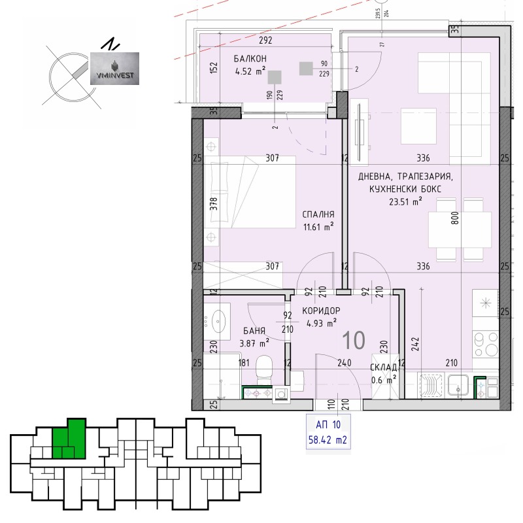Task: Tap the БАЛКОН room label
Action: pyautogui.click(x=248, y=58)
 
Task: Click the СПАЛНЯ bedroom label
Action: pyautogui.click(x=318, y=214)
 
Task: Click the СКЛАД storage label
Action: pyautogui.click(x=383, y=367)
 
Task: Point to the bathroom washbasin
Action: pyautogui.click(x=218, y=320)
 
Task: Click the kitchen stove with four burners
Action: pyautogui.click(x=486, y=344)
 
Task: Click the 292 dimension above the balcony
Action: pyautogui.click(x=265, y=40)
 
